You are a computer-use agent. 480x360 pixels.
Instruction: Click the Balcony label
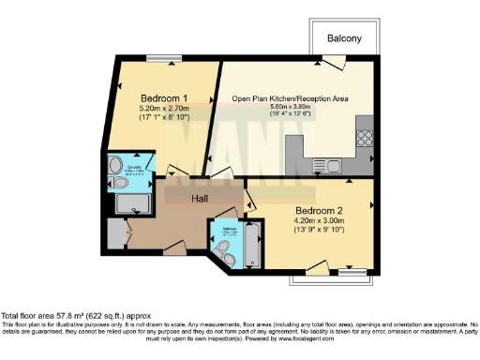pyautogui.click(x=344, y=38)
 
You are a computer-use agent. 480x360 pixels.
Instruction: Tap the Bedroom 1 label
pyautogui.click(x=165, y=98)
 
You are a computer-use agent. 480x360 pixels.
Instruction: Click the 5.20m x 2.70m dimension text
pyautogui.click(x=165, y=109)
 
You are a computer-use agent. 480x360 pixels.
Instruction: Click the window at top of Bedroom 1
pyautogui.click(x=170, y=59)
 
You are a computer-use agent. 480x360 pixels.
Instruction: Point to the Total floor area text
pyautogui.click(x=75, y=316)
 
